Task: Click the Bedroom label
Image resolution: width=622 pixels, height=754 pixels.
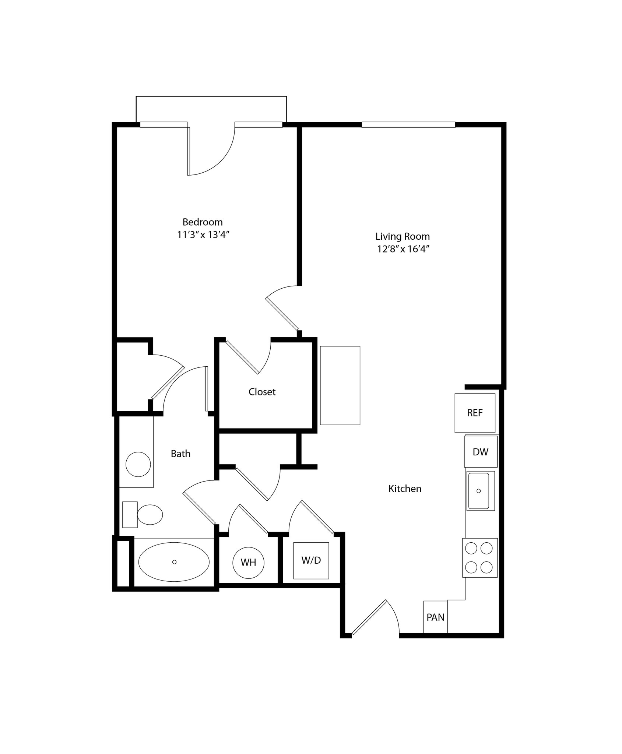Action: (x=203, y=222)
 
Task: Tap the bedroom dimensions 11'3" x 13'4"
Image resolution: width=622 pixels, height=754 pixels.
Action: (x=203, y=235)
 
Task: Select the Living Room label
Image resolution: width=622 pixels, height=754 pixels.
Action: (x=403, y=236)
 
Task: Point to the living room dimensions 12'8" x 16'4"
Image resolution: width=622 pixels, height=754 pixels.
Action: (x=403, y=249)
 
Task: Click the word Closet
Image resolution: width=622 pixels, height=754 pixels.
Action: (x=262, y=392)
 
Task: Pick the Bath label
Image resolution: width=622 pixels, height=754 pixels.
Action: (x=180, y=454)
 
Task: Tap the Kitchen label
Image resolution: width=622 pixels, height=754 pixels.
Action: (x=405, y=489)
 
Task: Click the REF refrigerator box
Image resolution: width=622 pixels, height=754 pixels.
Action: (x=475, y=413)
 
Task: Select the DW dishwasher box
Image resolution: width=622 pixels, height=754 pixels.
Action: (x=481, y=452)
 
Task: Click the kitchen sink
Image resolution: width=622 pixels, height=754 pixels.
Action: (x=478, y=491)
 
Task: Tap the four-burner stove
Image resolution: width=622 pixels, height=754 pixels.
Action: (x=479, y=558)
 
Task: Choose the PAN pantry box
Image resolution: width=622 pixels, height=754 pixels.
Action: (x=435, y=617)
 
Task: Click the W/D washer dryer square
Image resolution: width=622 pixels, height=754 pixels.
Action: (x=311, y=560)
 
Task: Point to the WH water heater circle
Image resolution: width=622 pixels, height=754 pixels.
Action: (x=248, y=563)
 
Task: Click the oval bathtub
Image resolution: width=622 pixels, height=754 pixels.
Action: (x=174, y=562)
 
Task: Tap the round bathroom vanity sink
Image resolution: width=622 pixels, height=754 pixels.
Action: (x=138, y=464)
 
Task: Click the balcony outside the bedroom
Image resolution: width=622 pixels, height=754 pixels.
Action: (x=211, y=109)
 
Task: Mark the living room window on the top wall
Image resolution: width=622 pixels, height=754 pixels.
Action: (x=408, y=125)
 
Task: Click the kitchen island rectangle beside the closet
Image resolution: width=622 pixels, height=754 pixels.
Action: (x=340, y=385)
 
